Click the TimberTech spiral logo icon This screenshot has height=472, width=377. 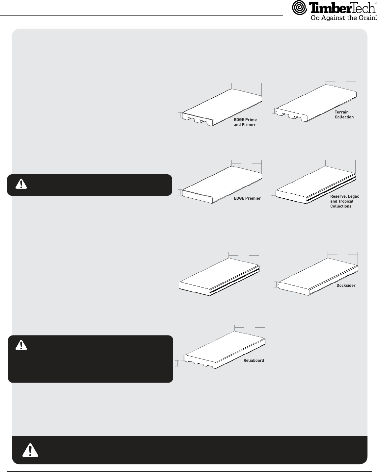(299, 8)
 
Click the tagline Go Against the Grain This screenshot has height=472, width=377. (343, 17)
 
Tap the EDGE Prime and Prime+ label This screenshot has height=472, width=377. (245, 122)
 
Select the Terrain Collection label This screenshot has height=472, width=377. (344, 114)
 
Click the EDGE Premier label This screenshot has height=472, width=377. (247, 198)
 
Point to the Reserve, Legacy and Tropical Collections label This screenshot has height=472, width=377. (344, 201)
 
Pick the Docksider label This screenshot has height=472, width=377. (346, 286)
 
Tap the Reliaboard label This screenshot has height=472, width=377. (254, 360)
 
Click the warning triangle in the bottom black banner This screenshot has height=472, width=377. (30, 450)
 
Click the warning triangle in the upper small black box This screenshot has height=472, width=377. (21, 184)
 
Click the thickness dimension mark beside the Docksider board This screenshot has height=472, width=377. (276, 285)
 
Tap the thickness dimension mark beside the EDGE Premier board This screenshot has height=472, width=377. (180, 192)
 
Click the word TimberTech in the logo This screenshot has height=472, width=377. (342, 8)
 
